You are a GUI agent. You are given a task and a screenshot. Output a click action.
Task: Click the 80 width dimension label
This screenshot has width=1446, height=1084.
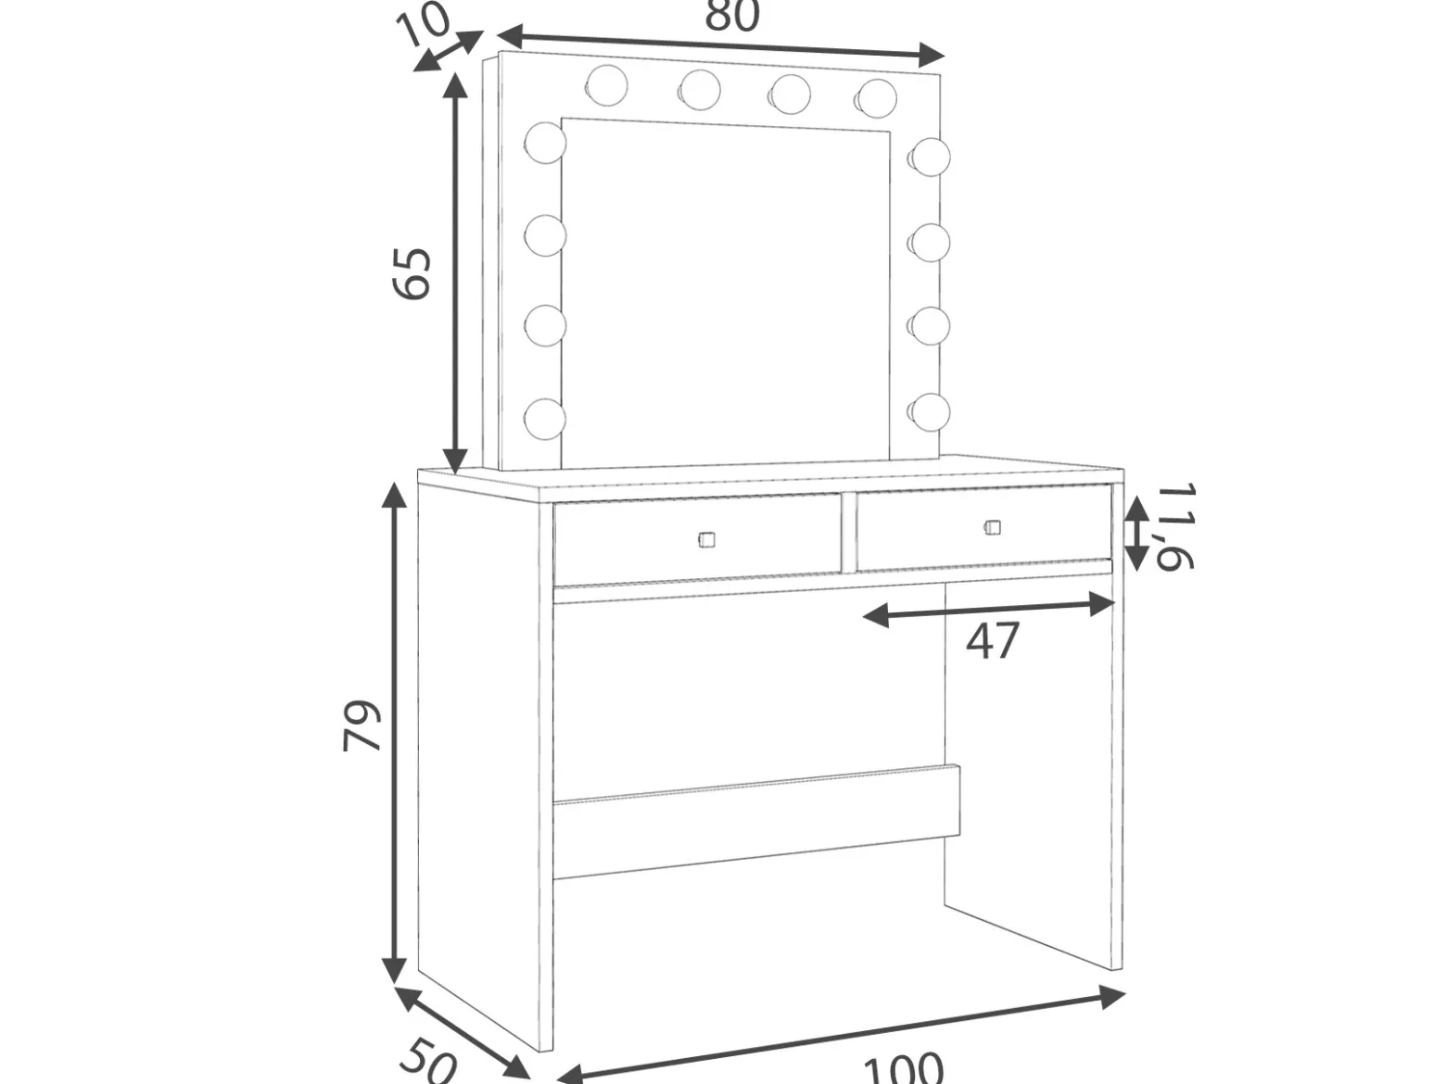(x=732, y=15)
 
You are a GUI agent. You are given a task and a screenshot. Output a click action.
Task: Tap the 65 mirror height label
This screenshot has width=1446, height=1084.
(x=412, y=274)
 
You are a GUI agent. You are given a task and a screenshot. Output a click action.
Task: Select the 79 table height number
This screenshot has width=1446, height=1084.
(x=361, y=725)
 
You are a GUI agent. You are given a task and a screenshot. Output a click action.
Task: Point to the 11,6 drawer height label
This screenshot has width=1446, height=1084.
(x=1175, y=527)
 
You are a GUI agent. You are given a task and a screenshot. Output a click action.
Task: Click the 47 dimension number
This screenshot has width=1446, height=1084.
(x=993, y=640)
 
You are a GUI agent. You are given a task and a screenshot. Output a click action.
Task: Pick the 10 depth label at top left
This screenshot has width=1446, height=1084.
(x=425, y=23)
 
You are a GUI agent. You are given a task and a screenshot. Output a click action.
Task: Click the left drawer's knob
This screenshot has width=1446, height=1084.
(x=705, y=540)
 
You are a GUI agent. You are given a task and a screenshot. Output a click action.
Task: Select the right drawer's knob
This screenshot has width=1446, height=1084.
(x=993, y=527)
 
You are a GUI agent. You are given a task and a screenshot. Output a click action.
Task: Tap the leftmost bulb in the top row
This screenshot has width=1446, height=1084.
(x=606, y=85)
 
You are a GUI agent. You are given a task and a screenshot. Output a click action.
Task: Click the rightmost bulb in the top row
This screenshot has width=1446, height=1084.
(x=876, y=98)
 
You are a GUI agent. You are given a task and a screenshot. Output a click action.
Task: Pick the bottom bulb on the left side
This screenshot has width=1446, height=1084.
(x=545, y=420)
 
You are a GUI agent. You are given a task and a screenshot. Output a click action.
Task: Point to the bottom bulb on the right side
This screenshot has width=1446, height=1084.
(x=930, y=412)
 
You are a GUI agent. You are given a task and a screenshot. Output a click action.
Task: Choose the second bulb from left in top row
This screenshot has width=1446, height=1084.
(x=700, y=90)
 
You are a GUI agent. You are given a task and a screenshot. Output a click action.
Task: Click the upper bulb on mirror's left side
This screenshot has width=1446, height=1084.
(x=545, y=143)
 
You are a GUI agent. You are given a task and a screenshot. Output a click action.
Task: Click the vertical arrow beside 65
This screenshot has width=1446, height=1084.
(x=454, y=273)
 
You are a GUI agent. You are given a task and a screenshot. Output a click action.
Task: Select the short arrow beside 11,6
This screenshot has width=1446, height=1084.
(x=1135, y=533)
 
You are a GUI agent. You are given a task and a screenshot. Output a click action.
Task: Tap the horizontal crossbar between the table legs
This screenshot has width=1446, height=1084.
(x=756, y=822)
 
